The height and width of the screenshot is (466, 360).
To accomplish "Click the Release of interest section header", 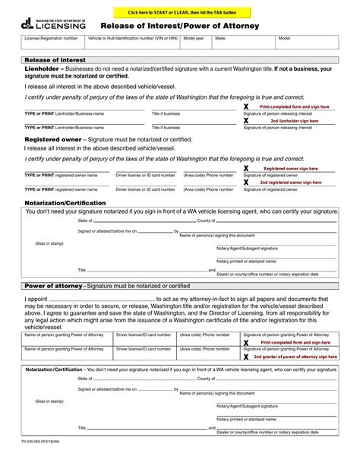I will (x=55, y=59).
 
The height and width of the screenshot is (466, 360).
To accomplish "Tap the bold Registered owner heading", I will (x=54, y=140).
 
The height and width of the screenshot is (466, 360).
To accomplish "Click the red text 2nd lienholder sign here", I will (x=295, y=120).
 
